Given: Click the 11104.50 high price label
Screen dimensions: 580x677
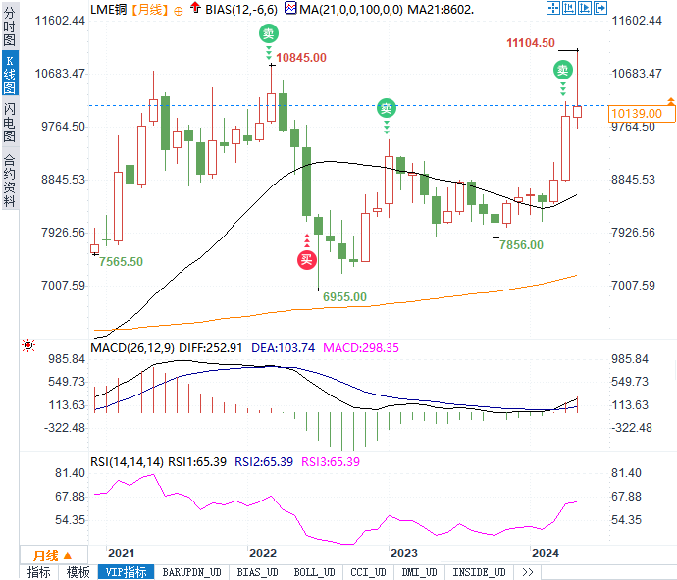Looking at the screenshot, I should (x=531, y=43).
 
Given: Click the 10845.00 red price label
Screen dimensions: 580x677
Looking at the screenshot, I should (x=301, y=58).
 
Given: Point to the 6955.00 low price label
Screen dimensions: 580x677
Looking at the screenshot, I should (x=344, y=296).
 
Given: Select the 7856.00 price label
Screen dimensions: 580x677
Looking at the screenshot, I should (x=521, y=244).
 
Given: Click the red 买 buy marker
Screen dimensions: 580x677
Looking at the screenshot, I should (x=306, y=259).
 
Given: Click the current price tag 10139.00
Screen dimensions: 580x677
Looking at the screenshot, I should (x=636, y=114).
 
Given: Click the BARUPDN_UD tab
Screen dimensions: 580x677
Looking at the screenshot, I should (x=191, y=572).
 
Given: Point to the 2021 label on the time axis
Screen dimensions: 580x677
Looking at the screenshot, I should (x=122, y=554).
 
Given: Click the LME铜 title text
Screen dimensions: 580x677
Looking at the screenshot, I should (x=108, y=8).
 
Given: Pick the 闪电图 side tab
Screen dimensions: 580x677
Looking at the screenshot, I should (x=9, y=123).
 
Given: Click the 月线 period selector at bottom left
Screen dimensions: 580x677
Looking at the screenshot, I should (x=46, y=554).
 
